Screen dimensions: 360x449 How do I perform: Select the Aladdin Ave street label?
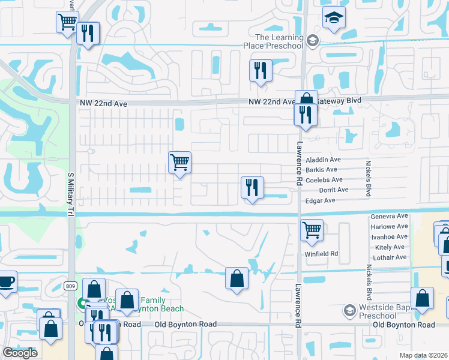pos(323,160)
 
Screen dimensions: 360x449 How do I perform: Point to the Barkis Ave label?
pos(321,170)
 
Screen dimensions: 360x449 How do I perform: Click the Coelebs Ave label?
pos(324,180)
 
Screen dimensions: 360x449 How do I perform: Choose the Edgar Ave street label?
pos(321,201)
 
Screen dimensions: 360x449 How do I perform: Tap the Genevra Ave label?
pos(390,216)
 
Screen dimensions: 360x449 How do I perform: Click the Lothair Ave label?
pos(391,257)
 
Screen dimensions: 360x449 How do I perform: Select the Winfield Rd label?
pos(321,253)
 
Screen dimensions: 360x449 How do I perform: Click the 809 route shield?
pos(71,287)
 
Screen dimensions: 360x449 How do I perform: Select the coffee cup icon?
pos(6,282)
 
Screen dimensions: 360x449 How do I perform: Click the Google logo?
pos(20,353)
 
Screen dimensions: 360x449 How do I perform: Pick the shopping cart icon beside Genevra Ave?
pos(312,230)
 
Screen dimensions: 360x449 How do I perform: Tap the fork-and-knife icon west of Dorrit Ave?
pos(253,187)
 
